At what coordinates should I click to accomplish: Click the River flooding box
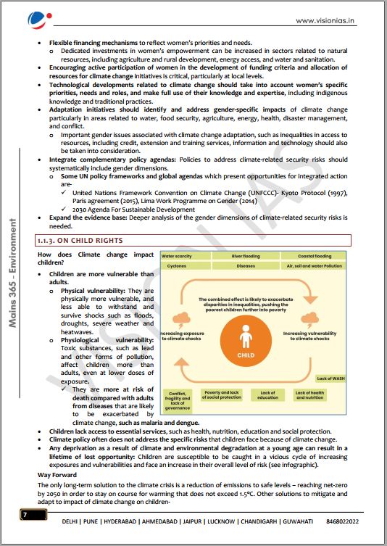[246, 256]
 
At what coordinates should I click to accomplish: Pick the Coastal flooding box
[313, 256]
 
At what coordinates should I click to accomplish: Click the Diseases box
[246, 266]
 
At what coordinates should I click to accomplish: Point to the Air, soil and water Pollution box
[313, 266]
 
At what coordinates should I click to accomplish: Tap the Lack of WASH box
[330, 379]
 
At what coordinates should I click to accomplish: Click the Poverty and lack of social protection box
[222, 395]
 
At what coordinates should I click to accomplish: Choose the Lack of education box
[267, 395]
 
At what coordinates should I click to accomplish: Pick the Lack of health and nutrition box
[309, 395]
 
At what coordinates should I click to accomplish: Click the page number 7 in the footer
[24, 514]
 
